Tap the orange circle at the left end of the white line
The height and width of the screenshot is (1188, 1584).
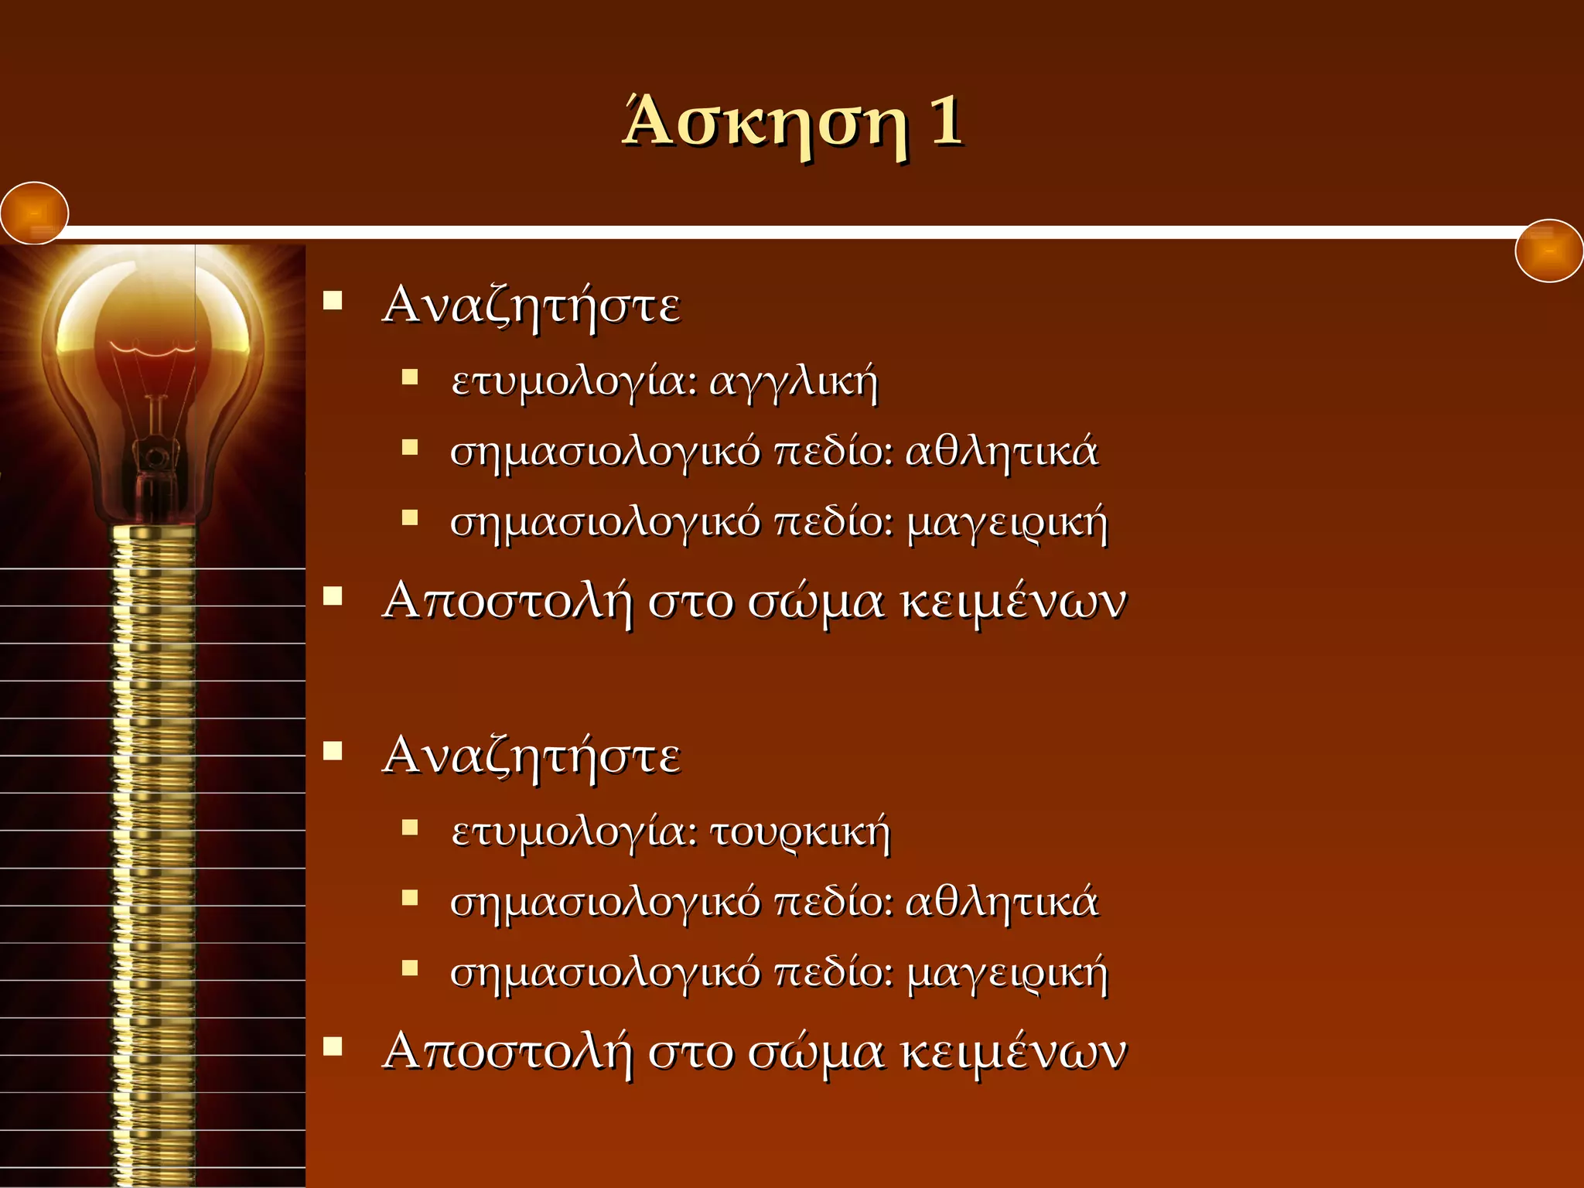pos(35,213)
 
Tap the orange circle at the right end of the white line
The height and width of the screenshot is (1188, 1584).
pos(1549,251)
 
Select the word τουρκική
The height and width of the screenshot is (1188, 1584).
pos(800,833)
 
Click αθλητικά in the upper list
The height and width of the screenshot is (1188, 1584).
pos(1001,452)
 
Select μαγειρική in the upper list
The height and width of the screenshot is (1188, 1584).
pos(1007,524)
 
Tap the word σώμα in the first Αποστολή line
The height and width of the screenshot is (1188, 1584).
pos(815,602)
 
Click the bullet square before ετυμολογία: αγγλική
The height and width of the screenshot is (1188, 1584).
pos(410,377)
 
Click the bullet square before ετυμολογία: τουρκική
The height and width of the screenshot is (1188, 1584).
pos(410,828)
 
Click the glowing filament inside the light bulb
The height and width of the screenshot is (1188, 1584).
pos(152,350)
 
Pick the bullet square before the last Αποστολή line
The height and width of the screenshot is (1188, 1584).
pos(333,1046)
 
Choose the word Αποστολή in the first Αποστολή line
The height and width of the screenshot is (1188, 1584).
pos(507,602)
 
